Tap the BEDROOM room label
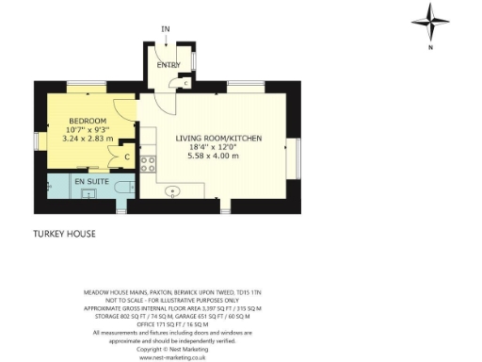87,122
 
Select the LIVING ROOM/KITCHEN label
218,139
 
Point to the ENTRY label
169,65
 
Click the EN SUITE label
91,179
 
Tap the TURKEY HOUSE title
64,233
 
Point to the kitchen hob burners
147,162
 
